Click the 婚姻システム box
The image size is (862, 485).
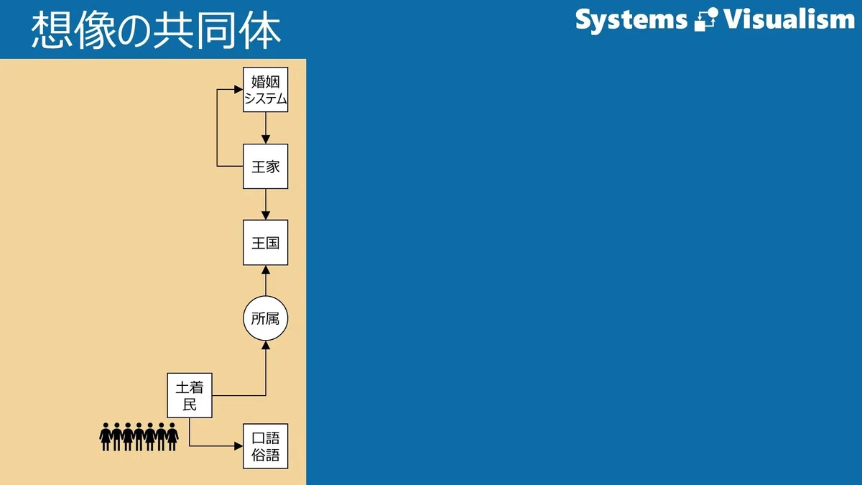tap(266, 90)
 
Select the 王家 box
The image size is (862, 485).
tap(266, 166)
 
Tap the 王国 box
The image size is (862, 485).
tap(266, 243)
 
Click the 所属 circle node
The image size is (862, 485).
tap(266, 318)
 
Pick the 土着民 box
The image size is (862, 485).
tap(190, 395)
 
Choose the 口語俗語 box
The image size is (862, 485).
tap(266, 446)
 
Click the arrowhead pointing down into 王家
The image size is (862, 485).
tap(266, 139)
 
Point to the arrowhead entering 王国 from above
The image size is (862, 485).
tap(266, 216)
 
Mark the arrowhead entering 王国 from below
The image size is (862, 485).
tap(266, 270)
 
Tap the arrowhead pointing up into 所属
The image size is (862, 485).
tap(266, 346)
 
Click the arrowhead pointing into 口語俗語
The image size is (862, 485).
tap(238, 446)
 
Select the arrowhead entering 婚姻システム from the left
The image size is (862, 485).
tap(238, 90)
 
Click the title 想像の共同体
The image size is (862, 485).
tap(156, 29)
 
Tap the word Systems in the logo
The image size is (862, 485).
tap(631, 20)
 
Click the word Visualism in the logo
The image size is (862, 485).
tap(789, 19)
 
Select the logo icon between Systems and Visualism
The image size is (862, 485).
tap(706, 19)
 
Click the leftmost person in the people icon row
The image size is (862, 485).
tap(106, 437)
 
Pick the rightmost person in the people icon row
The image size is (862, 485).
tap(172, 437)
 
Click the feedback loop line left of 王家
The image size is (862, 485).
tap(217, 128)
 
